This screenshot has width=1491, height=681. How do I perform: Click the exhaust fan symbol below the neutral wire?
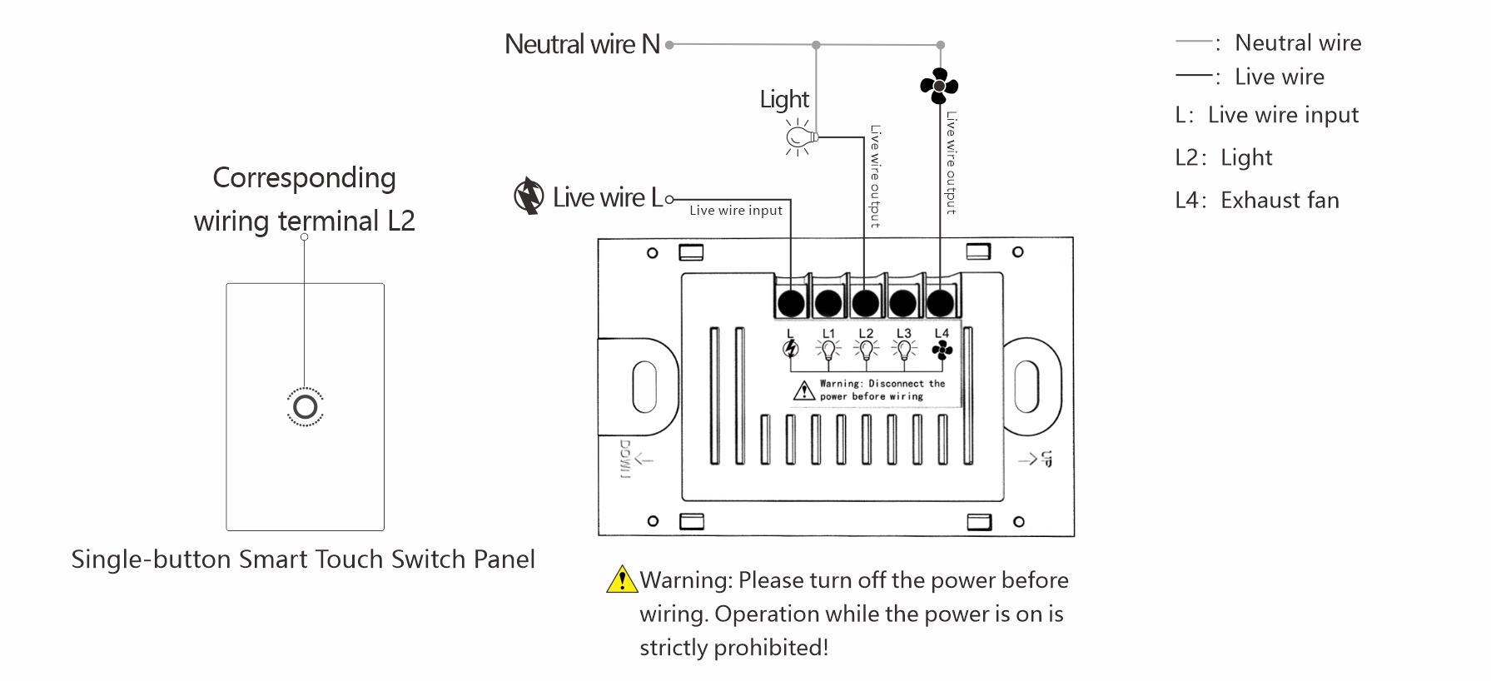(x=939, y=86)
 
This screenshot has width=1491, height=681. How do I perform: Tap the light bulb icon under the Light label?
(x=799, y=136)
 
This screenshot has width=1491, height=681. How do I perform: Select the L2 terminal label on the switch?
(x=866, y=334)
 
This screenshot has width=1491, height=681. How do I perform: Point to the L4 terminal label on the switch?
(x=942, y=334)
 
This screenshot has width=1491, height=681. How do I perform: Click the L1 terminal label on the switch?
(x=828, y=334)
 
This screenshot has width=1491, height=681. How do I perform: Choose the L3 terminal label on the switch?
(x=904, y=334)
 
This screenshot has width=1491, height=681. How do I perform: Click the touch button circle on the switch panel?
(x=306, y=406)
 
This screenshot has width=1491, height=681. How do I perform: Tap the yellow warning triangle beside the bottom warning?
(x=622, y=579)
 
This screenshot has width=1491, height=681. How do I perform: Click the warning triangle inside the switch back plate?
(x=803, y=390)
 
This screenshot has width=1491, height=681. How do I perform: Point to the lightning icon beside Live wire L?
(x=528, y=196)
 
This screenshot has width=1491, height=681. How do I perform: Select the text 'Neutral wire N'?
(x=582, y=44)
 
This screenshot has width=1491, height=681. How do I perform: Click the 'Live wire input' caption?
(x=736, y=211)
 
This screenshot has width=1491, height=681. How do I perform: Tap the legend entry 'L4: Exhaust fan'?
(x=1257, y=201)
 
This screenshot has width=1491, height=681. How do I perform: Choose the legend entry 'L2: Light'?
(x=1224, y=158)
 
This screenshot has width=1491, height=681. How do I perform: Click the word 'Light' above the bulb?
(x=784, y=99)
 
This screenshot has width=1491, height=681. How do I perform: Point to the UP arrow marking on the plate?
(x=1036, y=459)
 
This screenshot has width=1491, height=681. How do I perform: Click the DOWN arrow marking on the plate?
(x=633, y=459)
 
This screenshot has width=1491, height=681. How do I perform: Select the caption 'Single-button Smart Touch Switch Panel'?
(x=303, y=559)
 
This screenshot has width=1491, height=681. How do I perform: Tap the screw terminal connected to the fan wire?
(x=940, y=303)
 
